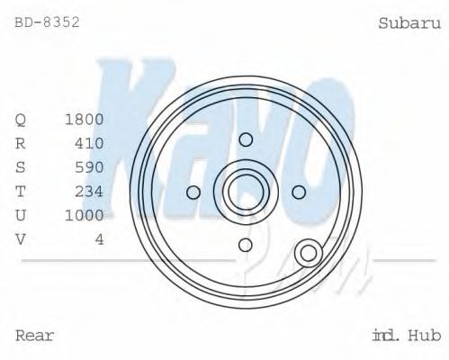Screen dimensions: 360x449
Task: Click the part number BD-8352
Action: (x=48, y=22)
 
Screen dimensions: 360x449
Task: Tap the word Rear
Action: (x=35, y=336)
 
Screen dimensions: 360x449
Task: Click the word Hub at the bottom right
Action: (x=423, y=336)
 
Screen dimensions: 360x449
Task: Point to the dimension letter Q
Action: (x=22, y=120)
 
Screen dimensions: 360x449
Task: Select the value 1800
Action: (x=85, y=120)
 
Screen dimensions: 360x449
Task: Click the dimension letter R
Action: (x=22, y=143)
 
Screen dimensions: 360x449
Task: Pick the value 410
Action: (x=89, y=143)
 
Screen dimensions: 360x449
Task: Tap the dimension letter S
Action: (x=22, y=167)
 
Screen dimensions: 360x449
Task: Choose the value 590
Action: (x=89, y=167)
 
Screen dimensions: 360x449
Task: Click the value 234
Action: (x=89, y=191)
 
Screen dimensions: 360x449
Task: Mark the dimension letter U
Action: (x=22, y=215)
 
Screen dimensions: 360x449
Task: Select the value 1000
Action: (x=85, y=215)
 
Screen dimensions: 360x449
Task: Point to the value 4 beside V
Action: (x=99, y=238)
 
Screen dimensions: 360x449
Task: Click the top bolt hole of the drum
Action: (x=246, y=139)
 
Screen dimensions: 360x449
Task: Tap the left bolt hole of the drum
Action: (x=193, y=192)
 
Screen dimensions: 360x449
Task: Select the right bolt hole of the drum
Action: (x=299, y=192)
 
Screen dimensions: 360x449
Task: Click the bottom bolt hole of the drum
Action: (x=246, y=245)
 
